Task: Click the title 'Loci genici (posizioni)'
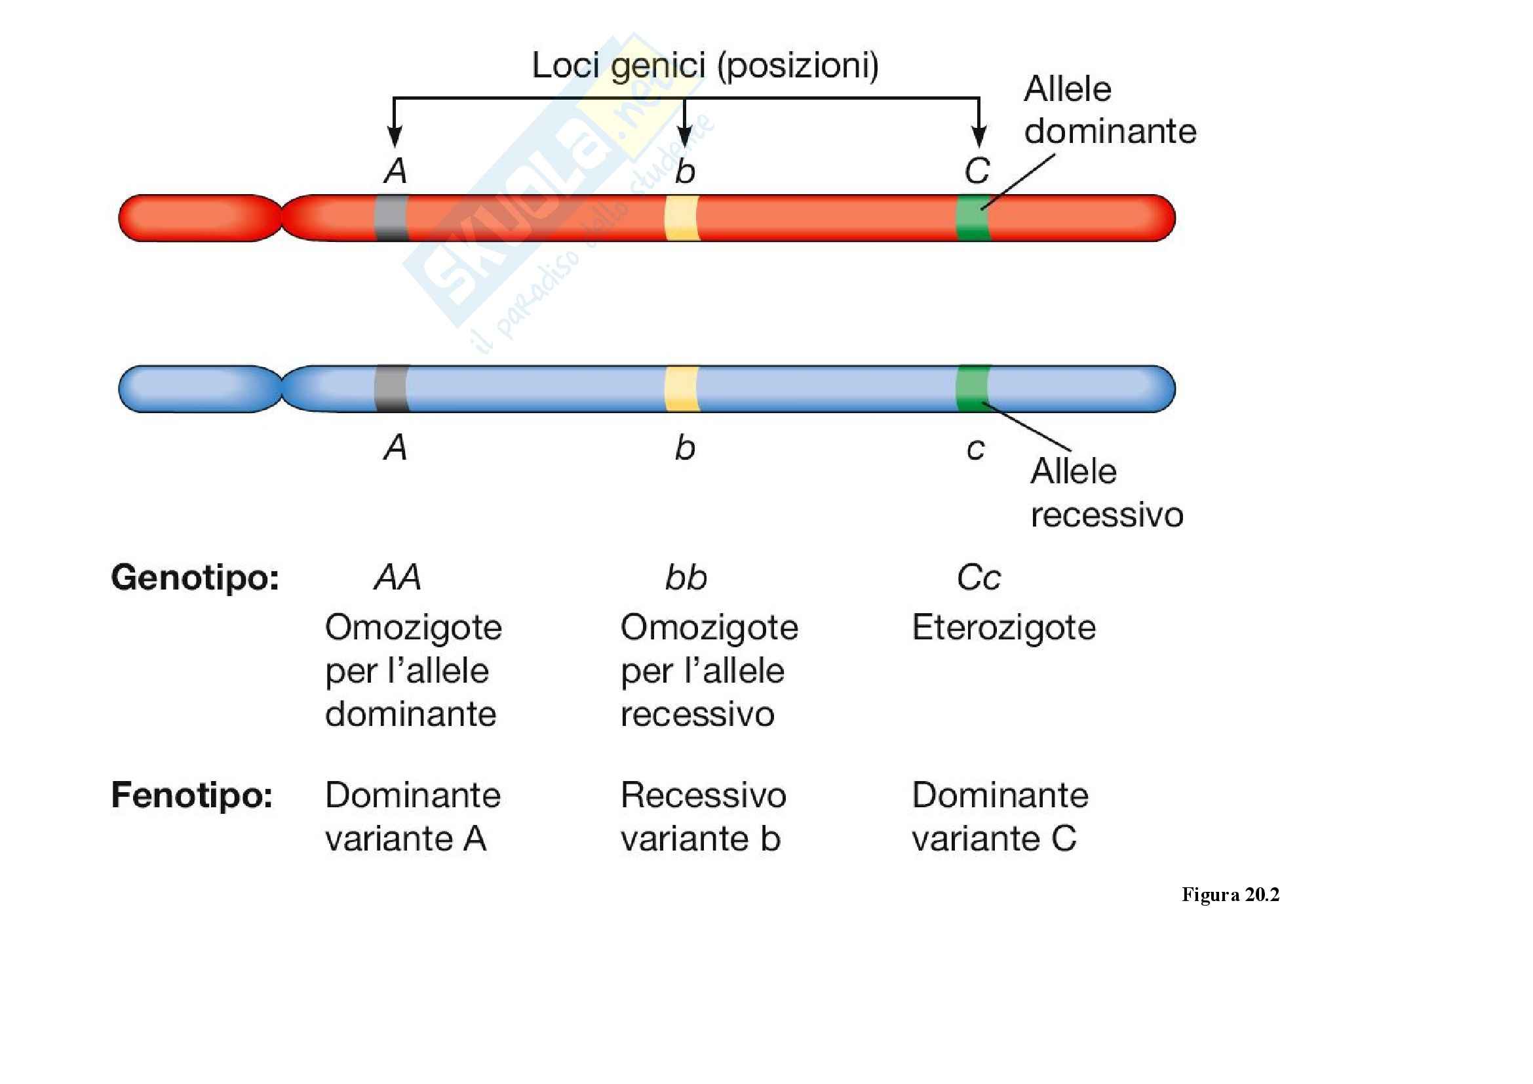[705, 66]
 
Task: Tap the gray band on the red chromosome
[391, 218]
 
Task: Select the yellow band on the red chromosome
[682, 218]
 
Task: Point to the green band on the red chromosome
[973, 218]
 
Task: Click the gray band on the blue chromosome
[391, 389]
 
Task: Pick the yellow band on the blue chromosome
[682, 389]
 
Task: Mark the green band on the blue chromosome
[973, 389]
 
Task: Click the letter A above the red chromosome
[395, 171]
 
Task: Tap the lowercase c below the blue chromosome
[975, 448]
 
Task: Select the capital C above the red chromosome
[977, 171]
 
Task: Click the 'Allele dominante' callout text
[1110, 110]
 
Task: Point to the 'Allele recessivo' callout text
[1106, 493]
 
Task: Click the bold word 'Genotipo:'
[195, 578]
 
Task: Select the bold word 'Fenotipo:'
[192, 795]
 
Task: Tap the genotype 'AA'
[397, 578]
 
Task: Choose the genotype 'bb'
[686, 578]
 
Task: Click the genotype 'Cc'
[978, 578]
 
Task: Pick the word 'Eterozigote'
[1003, 628]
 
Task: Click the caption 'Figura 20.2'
[1230, 895]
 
